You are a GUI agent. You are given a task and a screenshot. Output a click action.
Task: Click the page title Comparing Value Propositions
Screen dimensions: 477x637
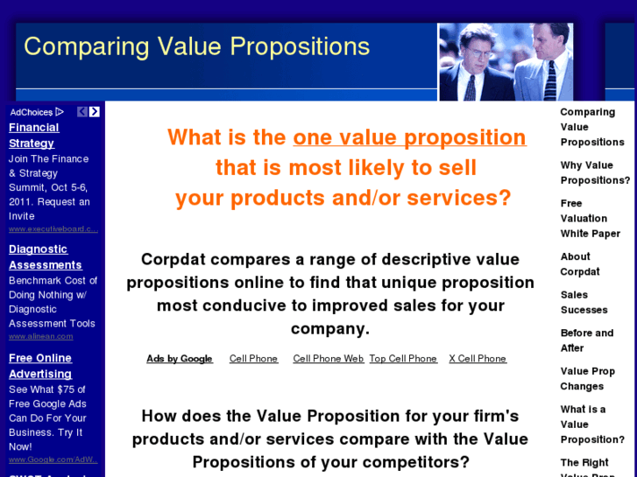click(x=196, y=46)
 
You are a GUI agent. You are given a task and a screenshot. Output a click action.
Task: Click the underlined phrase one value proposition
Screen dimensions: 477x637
click(x=409, y=137)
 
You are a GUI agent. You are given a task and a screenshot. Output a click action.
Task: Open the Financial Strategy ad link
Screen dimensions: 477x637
click(x=33, y=135)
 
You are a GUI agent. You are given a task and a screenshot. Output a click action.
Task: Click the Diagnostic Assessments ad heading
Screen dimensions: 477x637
click(x=45, y=256)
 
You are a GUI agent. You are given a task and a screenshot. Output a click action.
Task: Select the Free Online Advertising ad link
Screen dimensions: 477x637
click(x=40, y=366)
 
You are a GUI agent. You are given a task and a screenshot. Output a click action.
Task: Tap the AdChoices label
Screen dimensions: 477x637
click(x=32, y=112)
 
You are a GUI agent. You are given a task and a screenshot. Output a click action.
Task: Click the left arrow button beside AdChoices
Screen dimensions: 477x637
click(x=82, y=112)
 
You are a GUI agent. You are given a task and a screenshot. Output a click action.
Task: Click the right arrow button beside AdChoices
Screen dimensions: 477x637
click(x=95, y=112)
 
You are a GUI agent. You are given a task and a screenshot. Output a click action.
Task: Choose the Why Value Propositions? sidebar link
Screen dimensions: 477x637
click(x=595, y=172)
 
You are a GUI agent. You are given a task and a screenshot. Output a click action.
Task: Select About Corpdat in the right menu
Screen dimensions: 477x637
click(x=580, y=263)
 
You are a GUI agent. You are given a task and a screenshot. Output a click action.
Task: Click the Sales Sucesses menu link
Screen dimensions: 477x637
click(x=584, y=302)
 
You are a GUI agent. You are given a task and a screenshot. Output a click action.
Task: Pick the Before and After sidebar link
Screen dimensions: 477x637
click(x=587, y=340)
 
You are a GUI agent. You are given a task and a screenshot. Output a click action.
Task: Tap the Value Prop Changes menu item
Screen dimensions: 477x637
click(x=587, y=378)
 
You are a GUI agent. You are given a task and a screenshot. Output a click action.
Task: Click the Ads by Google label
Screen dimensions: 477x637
click(x=180, y=359)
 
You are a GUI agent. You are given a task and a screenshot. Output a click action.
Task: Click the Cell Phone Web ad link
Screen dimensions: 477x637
click(x=328, y=359)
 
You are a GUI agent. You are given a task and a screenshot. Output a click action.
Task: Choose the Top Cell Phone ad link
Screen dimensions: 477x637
click(x=403, y=359)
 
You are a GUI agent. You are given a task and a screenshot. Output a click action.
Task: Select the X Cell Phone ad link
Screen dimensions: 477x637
click(x=478, y=359)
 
